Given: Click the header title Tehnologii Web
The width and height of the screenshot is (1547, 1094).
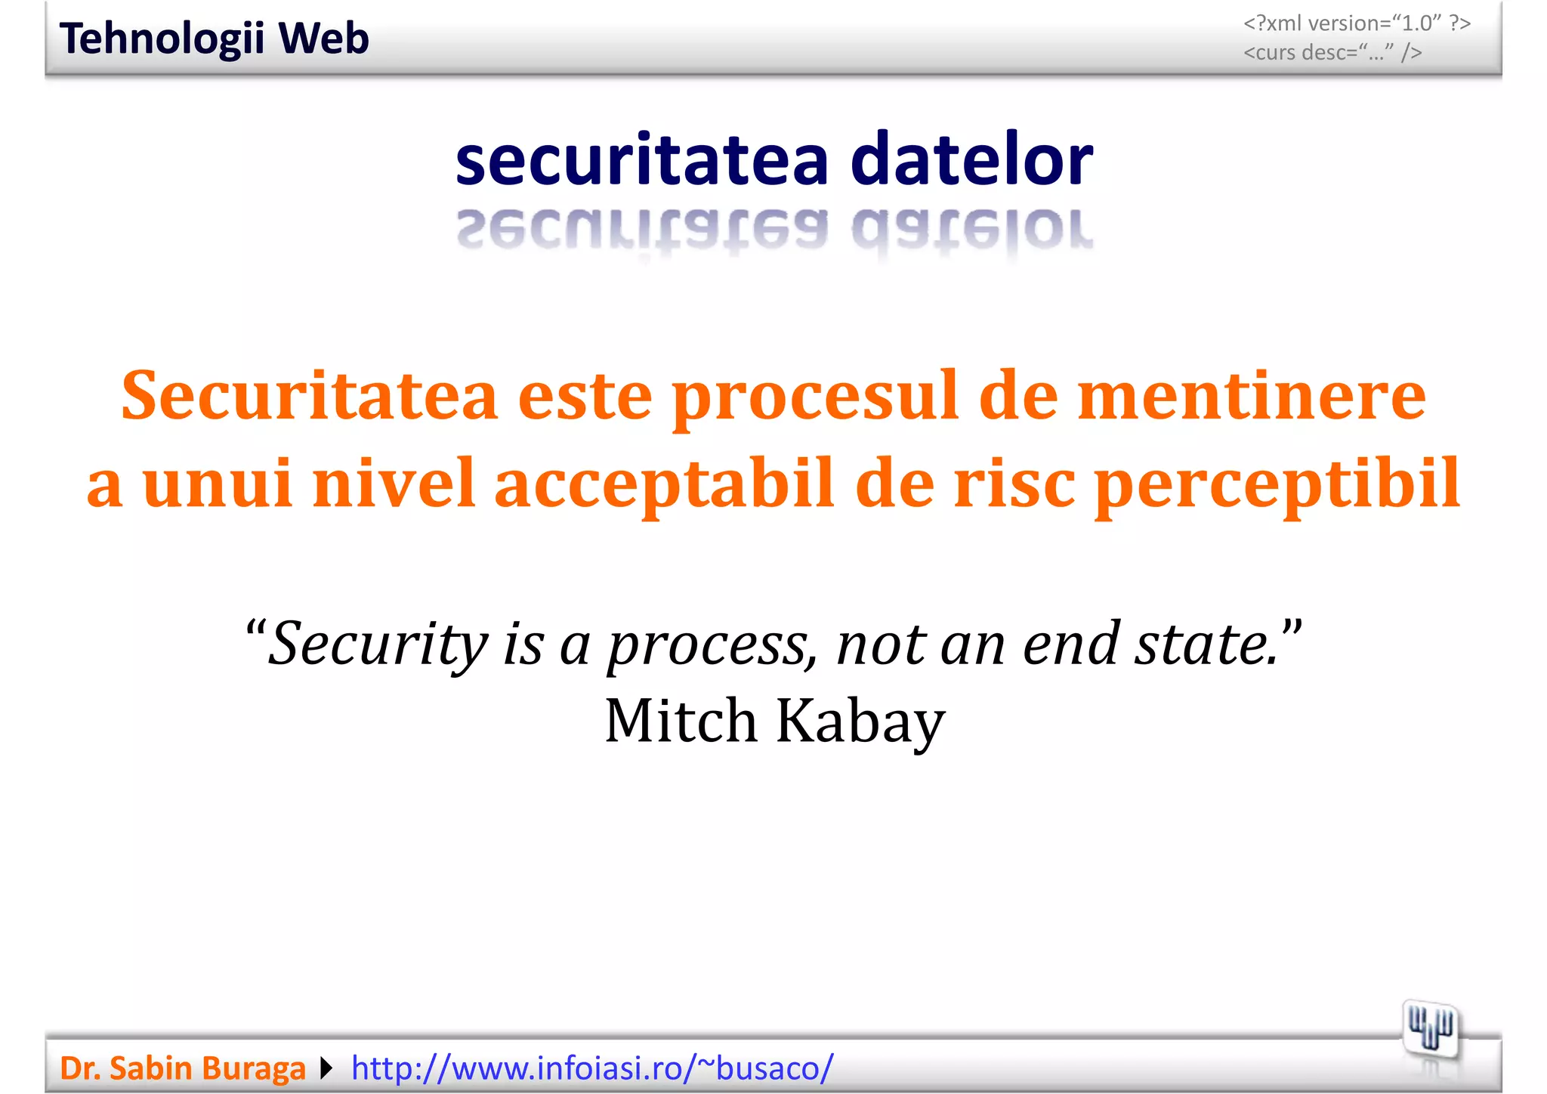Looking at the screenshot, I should click(214, 39).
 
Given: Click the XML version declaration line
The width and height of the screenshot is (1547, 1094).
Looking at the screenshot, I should click(1357, 23).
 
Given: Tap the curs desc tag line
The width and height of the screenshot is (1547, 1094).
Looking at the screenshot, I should click(1332, 52).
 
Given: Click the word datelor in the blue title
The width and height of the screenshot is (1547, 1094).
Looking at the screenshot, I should click(971, 159).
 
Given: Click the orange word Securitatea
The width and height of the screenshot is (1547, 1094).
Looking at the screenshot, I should click(309, 396).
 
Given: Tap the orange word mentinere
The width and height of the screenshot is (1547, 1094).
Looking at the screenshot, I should click(1251, 396).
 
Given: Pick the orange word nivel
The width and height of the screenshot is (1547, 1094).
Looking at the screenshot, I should click(393, 484).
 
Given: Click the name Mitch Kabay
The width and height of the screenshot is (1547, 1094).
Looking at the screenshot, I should click(774, 721).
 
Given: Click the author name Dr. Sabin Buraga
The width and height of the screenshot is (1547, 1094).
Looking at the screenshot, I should click(182, 1068).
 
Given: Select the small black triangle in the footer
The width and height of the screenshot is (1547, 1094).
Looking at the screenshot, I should click(326, 1068).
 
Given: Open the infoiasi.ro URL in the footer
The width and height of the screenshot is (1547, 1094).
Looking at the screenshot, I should click(592, 1068).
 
